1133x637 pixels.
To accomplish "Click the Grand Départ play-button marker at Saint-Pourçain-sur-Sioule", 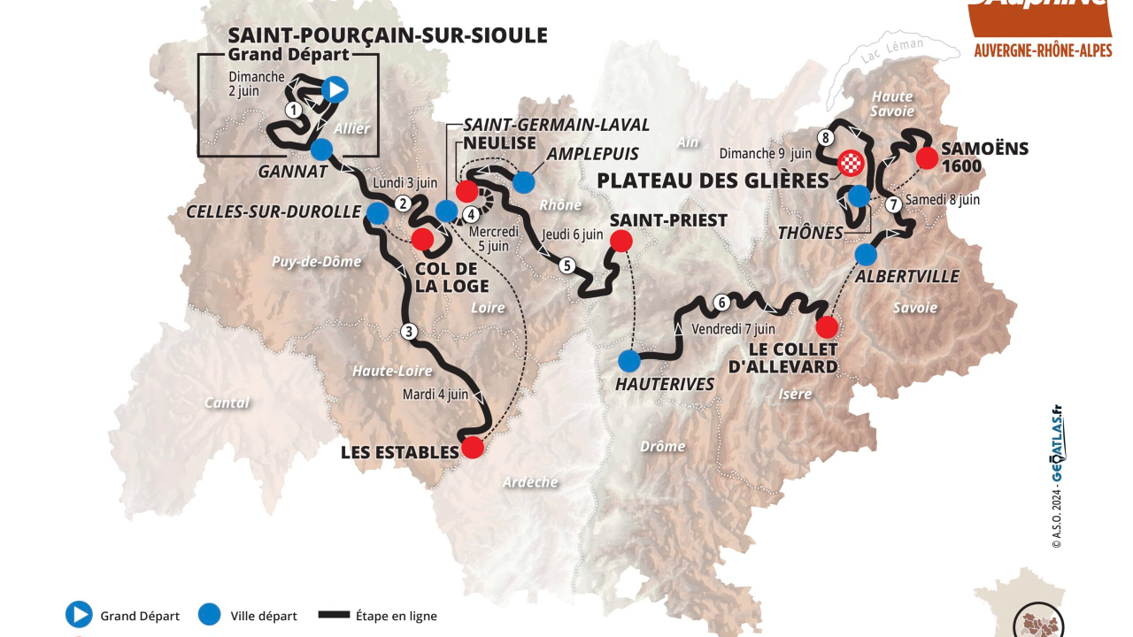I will point(335,88).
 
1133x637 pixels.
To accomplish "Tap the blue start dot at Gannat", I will point(321,149).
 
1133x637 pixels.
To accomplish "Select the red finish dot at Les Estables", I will point(474,447).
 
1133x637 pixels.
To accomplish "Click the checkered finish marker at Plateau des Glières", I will point(851,162).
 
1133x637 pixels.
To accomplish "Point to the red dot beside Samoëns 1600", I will point(927,158).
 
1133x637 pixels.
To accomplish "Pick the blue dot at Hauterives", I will point(629,360).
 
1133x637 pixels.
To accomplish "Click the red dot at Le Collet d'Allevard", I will point(827,327).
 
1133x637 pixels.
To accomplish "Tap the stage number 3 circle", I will point(408,332).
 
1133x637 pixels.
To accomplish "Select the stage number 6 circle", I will point(721,303).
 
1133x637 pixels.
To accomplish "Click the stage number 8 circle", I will point(825,137).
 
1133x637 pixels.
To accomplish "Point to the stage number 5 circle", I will point(566,265).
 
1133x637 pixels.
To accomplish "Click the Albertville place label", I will point(906,277).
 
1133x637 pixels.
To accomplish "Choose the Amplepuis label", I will point(593,154).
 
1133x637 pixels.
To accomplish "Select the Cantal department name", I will point(227,403).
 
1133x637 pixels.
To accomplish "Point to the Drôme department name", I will point(662,446).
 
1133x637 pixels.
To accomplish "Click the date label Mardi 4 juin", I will point(435,395).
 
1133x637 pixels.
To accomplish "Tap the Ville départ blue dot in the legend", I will point(210,615).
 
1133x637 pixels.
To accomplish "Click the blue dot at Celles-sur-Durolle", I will point(378,212).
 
